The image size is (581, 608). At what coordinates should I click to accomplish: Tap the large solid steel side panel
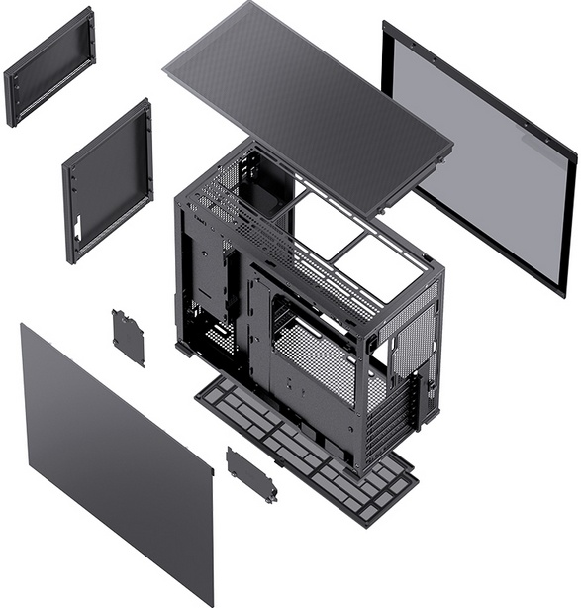(x=114, y=456)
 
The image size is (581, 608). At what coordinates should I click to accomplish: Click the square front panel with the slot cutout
(x=109, y=178)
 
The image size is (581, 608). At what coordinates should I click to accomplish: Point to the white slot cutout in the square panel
(x=77, y=227)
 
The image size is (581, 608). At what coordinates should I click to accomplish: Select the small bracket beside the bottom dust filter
(x=251, y=474)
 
